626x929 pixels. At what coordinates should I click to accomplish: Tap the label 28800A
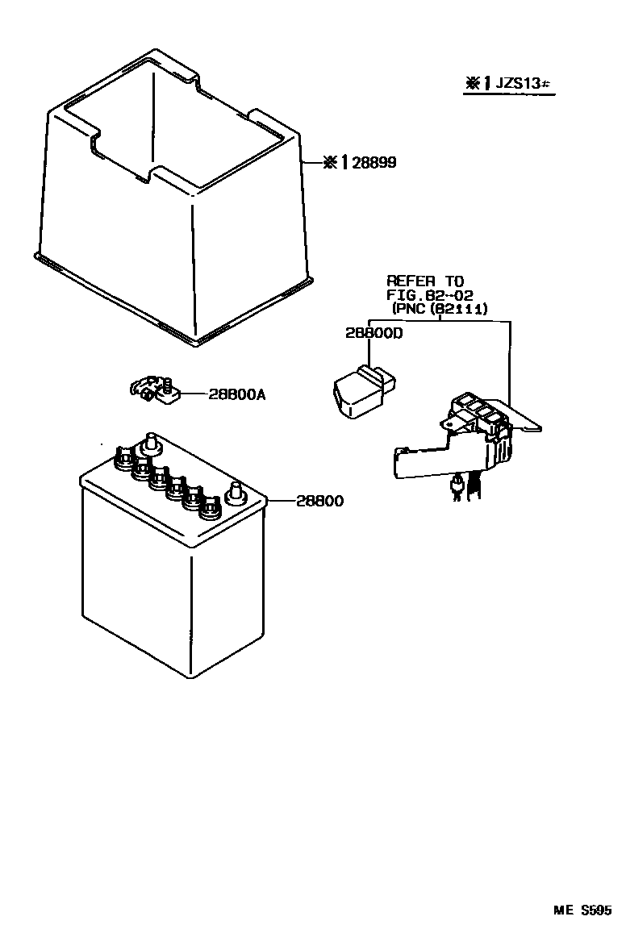pyautogui.click(x=236, y=394)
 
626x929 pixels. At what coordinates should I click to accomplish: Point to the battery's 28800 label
pyautogui.click(x=319, y=502)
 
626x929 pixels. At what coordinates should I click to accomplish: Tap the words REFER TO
pyautogui.click(x=425, y=281)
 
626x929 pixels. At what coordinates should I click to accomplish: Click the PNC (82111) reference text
pyautogui.click(x=440, y=308)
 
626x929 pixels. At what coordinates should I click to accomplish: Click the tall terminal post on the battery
pyautogui.click(x=150, y=443)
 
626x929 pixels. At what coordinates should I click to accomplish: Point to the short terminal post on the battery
pyautogui.click(x=236, y=492)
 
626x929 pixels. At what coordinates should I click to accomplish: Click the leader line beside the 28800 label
pyautogui.click(x=280, y=502)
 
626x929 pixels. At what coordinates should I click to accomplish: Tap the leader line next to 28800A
pyautogui.click(x=193, y=394)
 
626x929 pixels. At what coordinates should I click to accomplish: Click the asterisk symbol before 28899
pyautogui.click(x=328, y=164)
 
